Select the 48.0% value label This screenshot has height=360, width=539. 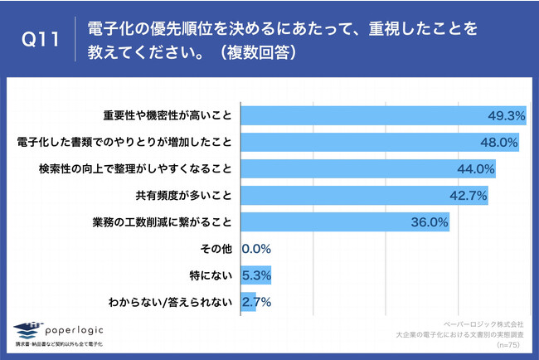(499, 143)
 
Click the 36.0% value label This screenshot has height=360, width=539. (430, 222)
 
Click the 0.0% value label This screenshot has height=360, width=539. (256, 249)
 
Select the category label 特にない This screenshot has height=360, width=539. (213, 275)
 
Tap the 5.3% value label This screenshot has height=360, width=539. (256, 275)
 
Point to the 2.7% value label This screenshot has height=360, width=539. (256, 302)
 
